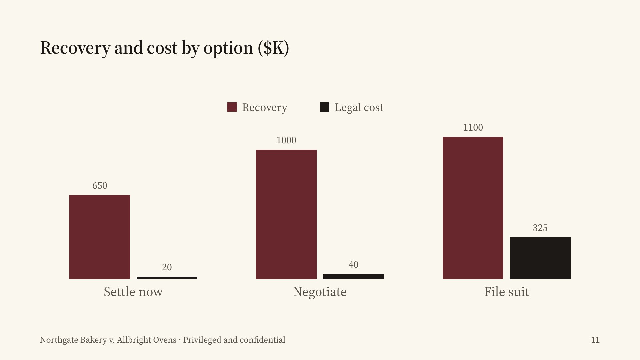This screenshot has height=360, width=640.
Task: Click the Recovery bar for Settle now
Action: coord(100,237)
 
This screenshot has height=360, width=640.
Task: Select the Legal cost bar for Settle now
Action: coord(167,278)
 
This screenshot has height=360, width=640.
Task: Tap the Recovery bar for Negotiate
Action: coord(286,214)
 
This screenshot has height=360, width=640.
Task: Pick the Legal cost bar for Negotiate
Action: coord(354,276)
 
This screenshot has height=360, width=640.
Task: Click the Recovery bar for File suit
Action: coord(473,208)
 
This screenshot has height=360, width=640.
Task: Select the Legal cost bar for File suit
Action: coord(540,258)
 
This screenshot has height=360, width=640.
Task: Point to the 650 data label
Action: coord(100,186)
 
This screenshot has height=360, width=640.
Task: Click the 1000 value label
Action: coord(286,140)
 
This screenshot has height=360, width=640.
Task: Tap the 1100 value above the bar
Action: coord(473,128)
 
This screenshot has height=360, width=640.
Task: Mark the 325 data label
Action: coord(540,228)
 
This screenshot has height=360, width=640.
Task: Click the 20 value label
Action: coord(167,267)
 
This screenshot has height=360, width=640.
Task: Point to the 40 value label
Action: coord(354,265)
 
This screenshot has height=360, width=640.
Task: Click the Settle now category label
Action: coord(133,292)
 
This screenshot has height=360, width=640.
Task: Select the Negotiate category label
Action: coord(320,292)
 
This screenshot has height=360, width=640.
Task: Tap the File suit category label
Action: coord(507,292)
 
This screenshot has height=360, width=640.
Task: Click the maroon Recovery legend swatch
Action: coord(232,107)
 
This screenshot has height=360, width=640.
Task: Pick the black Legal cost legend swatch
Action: coord(325,107)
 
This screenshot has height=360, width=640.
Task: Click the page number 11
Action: coord(595,340)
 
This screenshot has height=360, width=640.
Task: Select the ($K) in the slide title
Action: coord(273,48)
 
